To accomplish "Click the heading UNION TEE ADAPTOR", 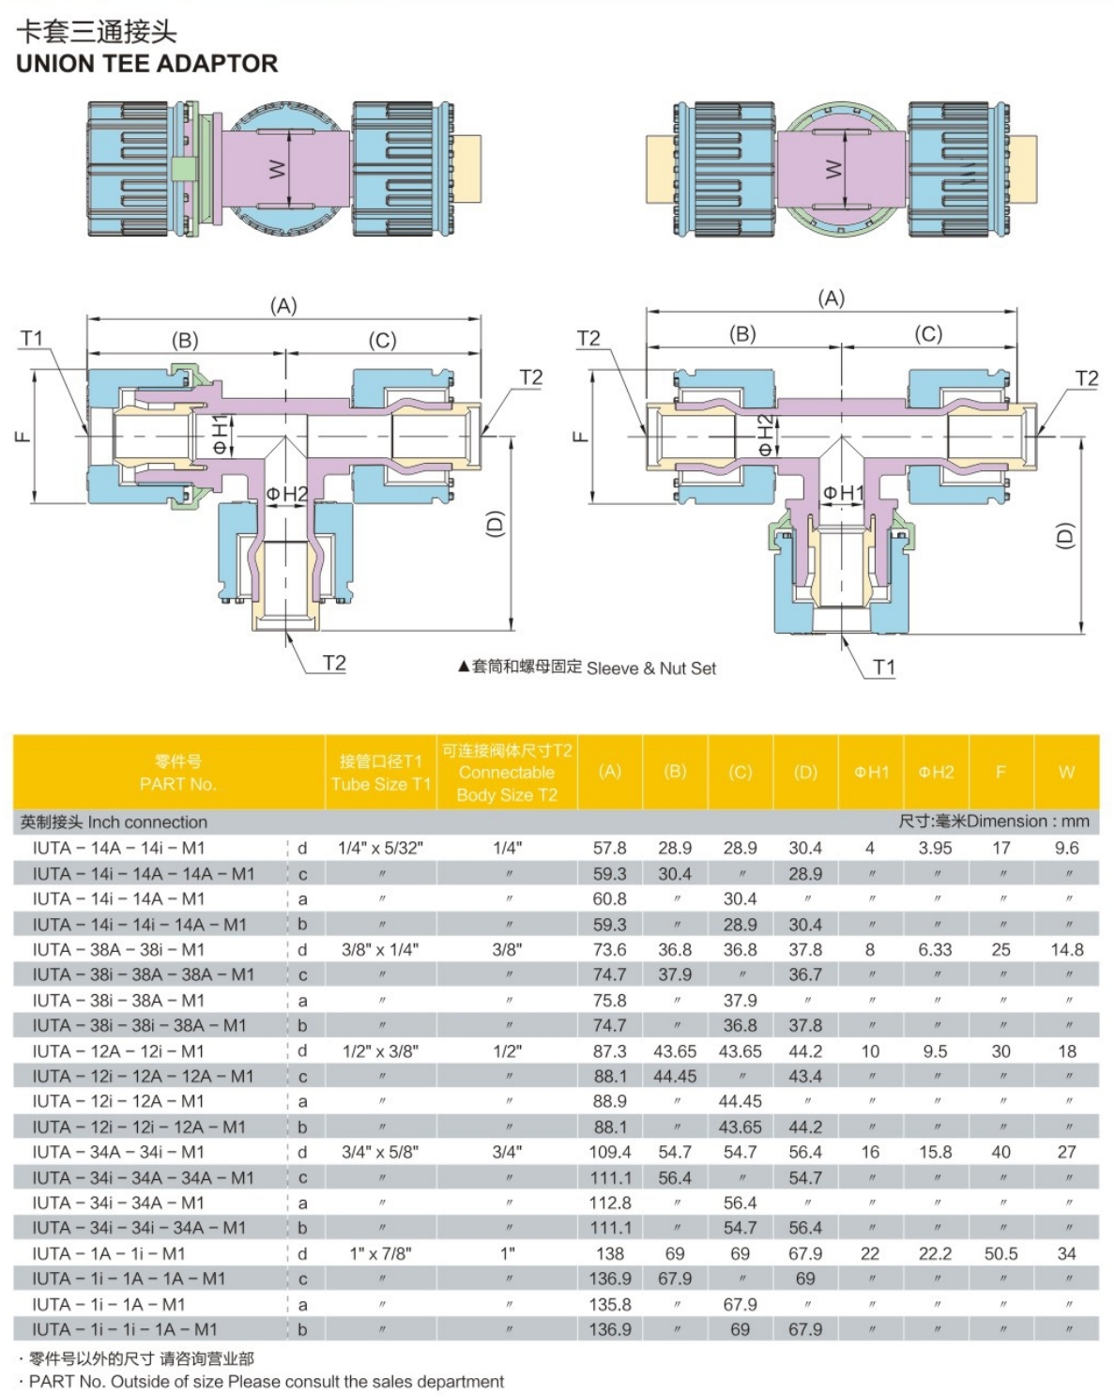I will (x=146, y=64).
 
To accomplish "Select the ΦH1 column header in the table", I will (x=871, y=773).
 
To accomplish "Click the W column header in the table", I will (x=1066, y=773).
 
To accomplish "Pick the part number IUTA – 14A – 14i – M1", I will (x=118, y=849).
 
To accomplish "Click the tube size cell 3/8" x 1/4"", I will (x=380, y=950).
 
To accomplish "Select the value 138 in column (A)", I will (x=610, y=1254).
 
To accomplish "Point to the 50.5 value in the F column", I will (x=1001, y=1254).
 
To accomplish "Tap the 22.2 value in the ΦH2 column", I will (x=936, y=1254).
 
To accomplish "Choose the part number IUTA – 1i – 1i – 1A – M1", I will (x=125, y=1330).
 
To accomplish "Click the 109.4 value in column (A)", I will (x=610, y=1153).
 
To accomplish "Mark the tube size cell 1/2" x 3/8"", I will (x=380, y=1051).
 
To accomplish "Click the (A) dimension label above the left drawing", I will (x=283, y=306).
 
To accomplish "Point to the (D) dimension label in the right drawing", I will (x=1063, y=536).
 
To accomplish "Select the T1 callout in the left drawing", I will (x=32, y=338).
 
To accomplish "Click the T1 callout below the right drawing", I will (x=884, y=667).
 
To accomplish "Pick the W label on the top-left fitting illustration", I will (x=277, y=170).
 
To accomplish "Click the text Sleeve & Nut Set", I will (x=650, y=668).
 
